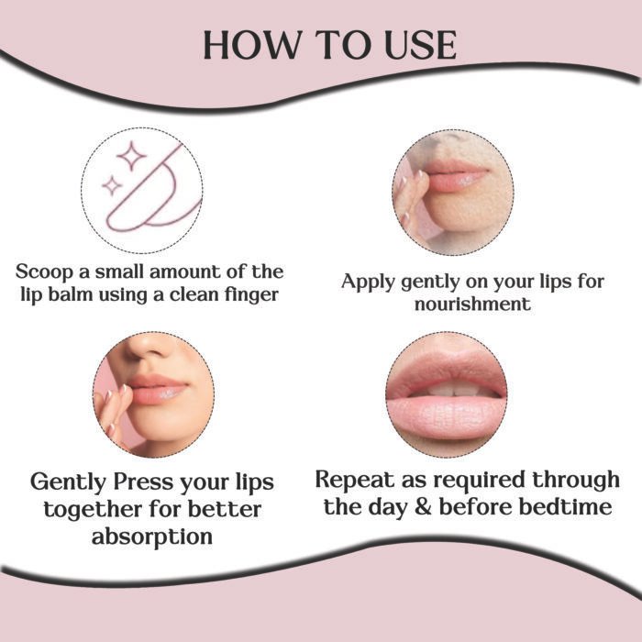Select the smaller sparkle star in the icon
click(x=112, y=187)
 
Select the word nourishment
click(x=474, y=304)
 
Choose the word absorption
click(x=152, y=537)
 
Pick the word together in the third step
click(x=84, y=509)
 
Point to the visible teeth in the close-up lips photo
click(x=447, y=388)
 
